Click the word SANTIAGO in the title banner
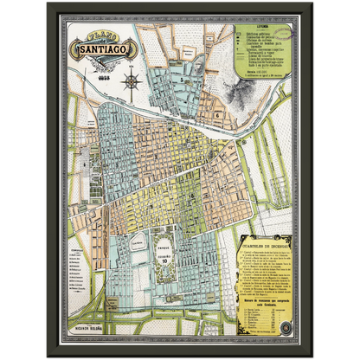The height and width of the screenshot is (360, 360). coord(112,51)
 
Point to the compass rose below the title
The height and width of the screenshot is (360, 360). coord(132,81)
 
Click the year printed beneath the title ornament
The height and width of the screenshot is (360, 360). coord(111,73)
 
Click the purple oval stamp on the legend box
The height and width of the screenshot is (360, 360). coord(286,35)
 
